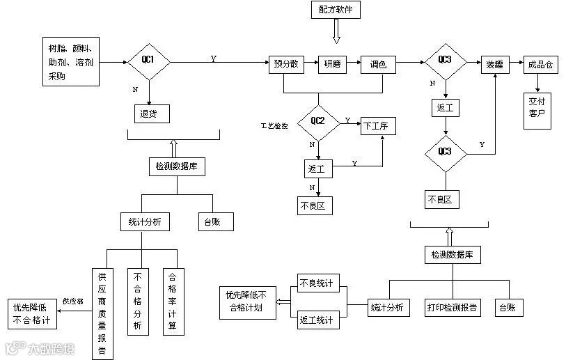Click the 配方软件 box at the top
coord(336,10)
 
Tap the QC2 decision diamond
coord(317,120)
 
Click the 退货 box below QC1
coord(150,114)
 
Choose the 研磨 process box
coord(332,65)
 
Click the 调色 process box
coord(378,65)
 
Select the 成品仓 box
coord(540,65)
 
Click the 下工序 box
coord(379,127)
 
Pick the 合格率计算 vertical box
coord(173,301)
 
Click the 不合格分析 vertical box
coord(137,301)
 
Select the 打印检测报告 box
coord(452,307)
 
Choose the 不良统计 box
coord(316,283)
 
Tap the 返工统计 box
coord(316,320)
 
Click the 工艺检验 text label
coord(274,126)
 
